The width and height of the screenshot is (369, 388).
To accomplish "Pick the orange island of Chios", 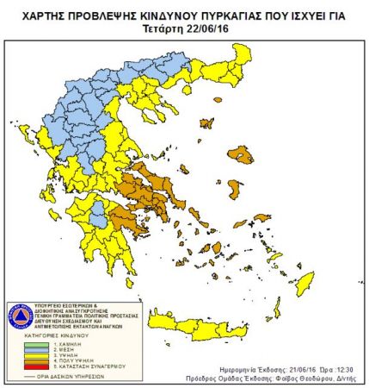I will (234, 188).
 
